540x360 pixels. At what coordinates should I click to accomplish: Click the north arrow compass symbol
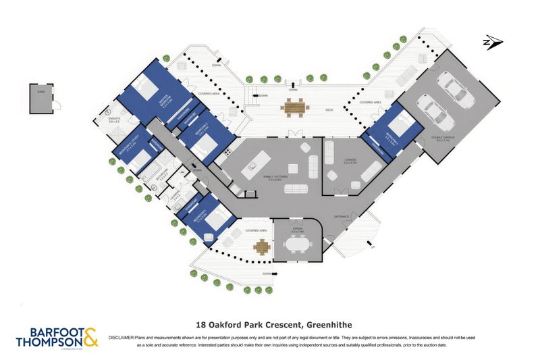(492, 43)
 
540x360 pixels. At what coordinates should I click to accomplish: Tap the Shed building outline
(43, 99)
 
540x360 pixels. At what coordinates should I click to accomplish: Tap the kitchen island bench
(259, 161)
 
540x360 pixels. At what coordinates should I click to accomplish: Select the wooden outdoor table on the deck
(294, 106)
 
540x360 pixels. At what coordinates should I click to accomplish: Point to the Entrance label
(342, 216)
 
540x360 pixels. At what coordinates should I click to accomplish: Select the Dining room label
(297, 230)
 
